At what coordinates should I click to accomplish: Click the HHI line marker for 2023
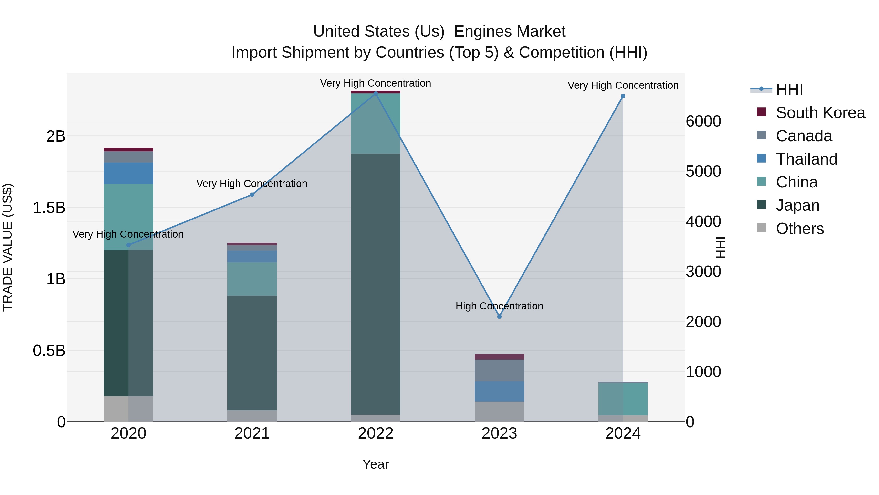tap(499, 317)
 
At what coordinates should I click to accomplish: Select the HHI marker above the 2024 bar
tap(623, 96)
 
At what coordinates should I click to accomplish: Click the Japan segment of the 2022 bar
tap(375, 284)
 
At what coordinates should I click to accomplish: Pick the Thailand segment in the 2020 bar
tap(128, 173)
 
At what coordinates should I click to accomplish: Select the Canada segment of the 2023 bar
tap(499, 370)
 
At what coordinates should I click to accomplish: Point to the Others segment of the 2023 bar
tap(499, 411)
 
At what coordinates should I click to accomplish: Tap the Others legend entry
tap(799, 229)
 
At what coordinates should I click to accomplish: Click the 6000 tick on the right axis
tap(703, 121)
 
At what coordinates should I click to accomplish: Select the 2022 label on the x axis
tap(375, 433)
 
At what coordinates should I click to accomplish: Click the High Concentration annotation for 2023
tap(499, 306)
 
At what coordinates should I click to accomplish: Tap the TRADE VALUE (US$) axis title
tap(8, 247)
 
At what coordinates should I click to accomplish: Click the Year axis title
tap(375, 464)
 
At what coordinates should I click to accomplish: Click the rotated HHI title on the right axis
tap(720, 247)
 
